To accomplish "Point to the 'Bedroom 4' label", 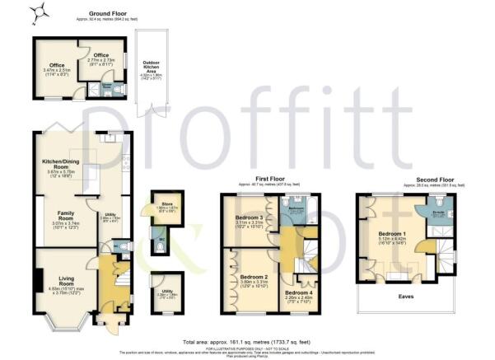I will coord(298,292).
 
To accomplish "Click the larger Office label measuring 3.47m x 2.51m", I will coord(57,66).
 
